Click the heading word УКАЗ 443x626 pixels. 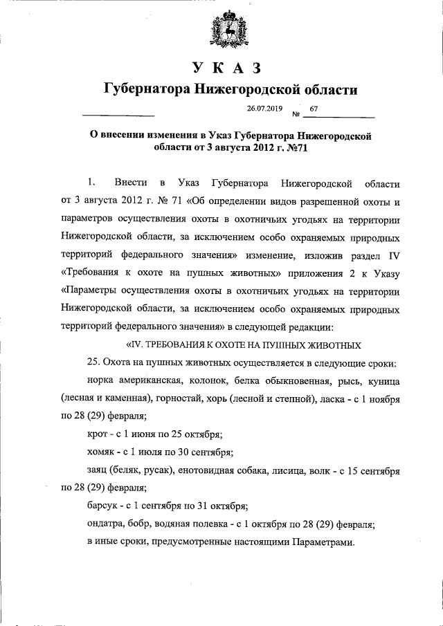pos(226,68)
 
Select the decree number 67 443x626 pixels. pos(314,109)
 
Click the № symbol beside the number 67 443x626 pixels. pos(296,114)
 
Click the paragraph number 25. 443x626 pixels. pos(95,362)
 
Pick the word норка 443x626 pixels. pos(102,381)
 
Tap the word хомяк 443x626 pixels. pos(102,453)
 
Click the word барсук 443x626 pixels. pos(104,507)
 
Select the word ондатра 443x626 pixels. pos(107,525)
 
